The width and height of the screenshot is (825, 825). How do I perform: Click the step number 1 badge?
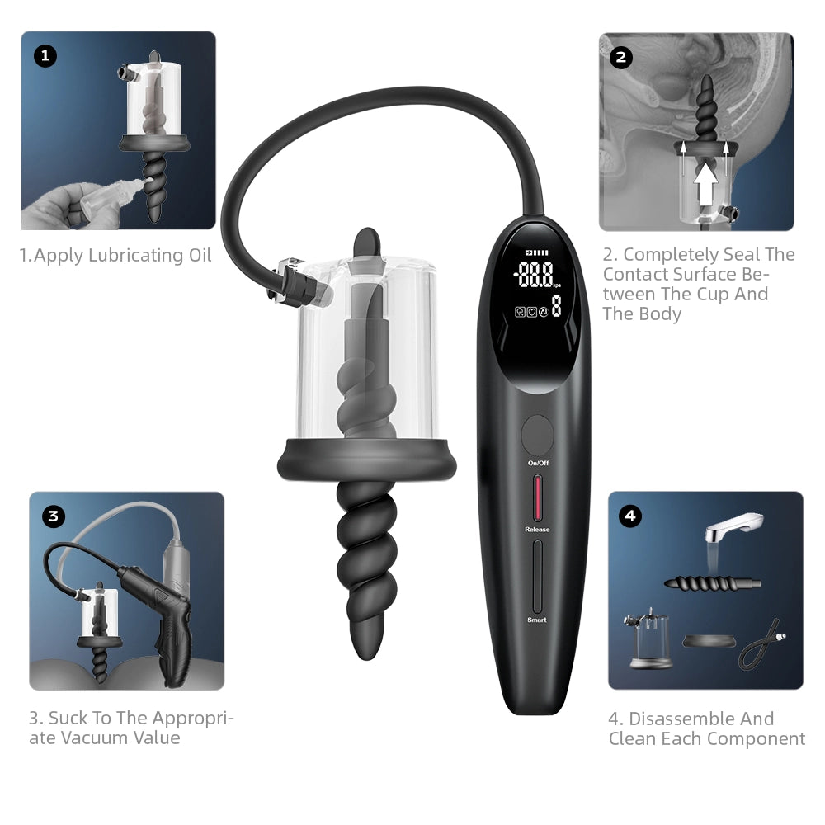pos(45,56)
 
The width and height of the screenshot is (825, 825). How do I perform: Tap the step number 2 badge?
pos(620,57)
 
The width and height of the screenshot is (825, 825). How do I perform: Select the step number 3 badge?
pos(53,516)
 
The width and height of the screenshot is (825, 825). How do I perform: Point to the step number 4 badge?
pos(630,516)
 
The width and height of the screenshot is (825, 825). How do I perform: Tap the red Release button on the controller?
pos(538,499)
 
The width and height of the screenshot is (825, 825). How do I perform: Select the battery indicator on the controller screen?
pos(536,253)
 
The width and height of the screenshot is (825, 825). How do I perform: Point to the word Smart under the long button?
pos(537,620)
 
